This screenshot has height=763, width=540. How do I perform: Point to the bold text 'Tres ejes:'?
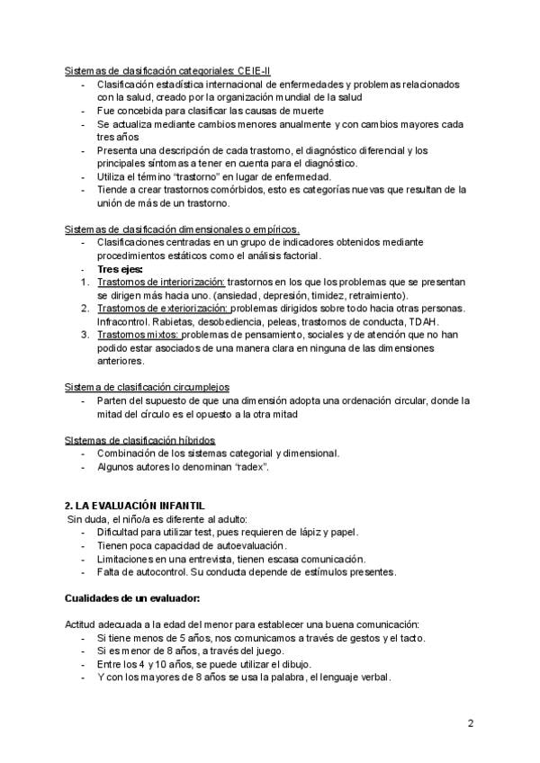pos(121,269)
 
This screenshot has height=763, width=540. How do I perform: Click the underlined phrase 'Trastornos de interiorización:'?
pos(161,283)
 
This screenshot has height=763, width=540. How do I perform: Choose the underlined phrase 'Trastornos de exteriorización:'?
pos(163,309)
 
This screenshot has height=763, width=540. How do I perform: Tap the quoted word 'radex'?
pos(253,466)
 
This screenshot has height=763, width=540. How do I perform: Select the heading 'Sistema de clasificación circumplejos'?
pos(148,388)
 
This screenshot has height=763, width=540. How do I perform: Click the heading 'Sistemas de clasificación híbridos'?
pos(140,440)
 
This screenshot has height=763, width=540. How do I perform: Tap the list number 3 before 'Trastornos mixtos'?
pos(84,335)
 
